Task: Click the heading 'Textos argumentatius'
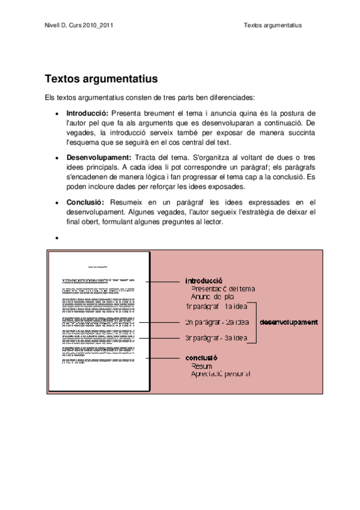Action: click(x=101, y=79)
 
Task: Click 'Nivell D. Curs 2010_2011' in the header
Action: click(x=79, y=26)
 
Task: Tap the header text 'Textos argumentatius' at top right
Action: click(x=273, y=26)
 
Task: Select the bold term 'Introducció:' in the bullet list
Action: click(x=87, y=112)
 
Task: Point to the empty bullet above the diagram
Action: click(x=56, y=238)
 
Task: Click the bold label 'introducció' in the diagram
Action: click(x=204, y=280)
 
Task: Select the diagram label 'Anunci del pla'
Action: click(x=212, y=297)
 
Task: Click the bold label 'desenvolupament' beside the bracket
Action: click(x=288, y=322)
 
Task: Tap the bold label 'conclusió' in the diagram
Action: click(x=201, y=358)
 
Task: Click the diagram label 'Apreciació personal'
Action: click(x=220, y=373)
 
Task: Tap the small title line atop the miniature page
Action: click(x=98, y=266)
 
